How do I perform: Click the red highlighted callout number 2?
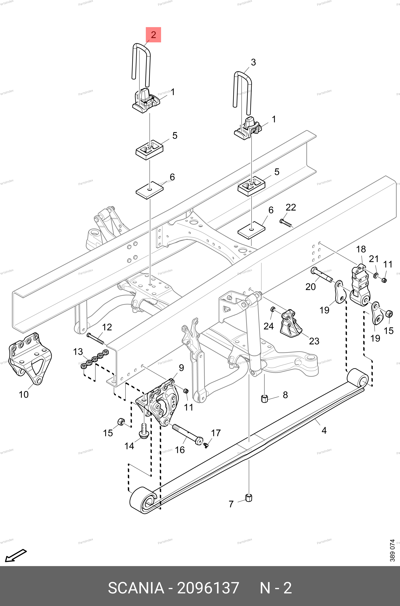point(153,35)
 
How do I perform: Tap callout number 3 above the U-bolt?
point(253,62)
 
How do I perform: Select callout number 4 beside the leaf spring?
point(324,431)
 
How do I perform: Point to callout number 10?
point(24,394)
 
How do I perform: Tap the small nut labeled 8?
point(265,398)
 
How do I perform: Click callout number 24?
point(268,326)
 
